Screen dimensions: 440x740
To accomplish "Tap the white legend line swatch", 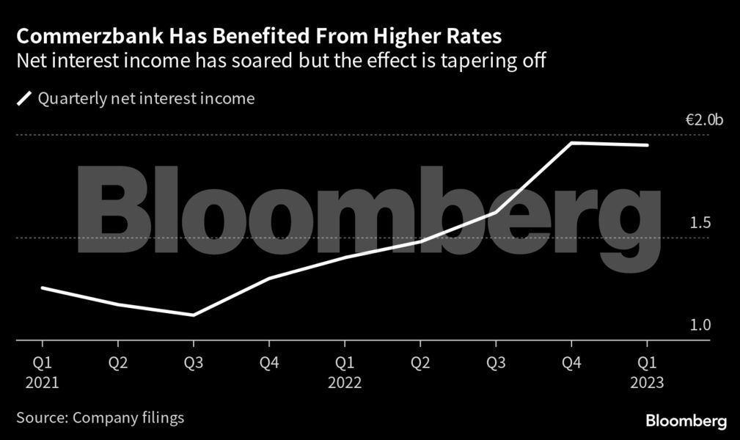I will tap(24, 98).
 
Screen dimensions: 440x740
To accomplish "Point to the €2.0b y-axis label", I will tap(704, 120).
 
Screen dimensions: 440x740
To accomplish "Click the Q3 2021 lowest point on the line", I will tap(194, 315).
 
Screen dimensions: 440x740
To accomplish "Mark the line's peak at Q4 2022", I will tap(571, 143).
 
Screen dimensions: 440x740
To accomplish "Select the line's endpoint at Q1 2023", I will tap(646, 145).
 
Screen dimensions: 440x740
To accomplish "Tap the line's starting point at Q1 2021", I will tap(43, 287).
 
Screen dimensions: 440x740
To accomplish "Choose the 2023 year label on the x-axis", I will tap(646, 382).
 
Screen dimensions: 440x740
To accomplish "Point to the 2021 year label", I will tap(43, 382).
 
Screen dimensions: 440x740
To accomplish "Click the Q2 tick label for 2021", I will tap(118, 363).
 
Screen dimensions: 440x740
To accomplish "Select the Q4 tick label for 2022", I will tap(571, 363).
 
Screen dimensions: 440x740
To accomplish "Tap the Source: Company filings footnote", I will tap(100, 418).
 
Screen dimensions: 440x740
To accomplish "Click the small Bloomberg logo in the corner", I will tap(686, 421).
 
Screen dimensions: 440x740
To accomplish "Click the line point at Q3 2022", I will tap(496, 213).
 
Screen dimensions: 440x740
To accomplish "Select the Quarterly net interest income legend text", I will tap(147, 98).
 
